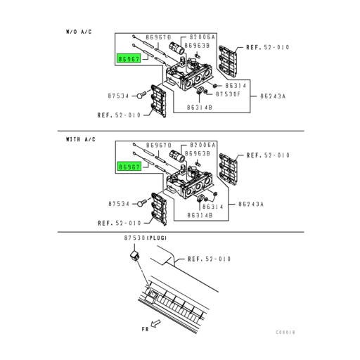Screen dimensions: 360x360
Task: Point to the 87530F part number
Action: [229, 93]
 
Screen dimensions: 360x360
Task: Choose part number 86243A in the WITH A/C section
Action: [271, 205]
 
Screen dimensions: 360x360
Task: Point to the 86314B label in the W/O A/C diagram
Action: [199, 107]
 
